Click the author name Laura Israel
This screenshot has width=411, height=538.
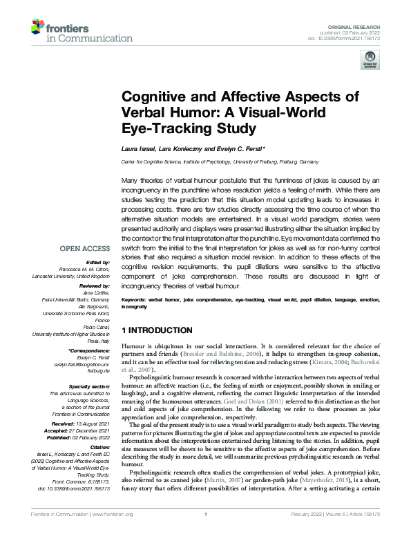pyautogui.click(x=139, y=149)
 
